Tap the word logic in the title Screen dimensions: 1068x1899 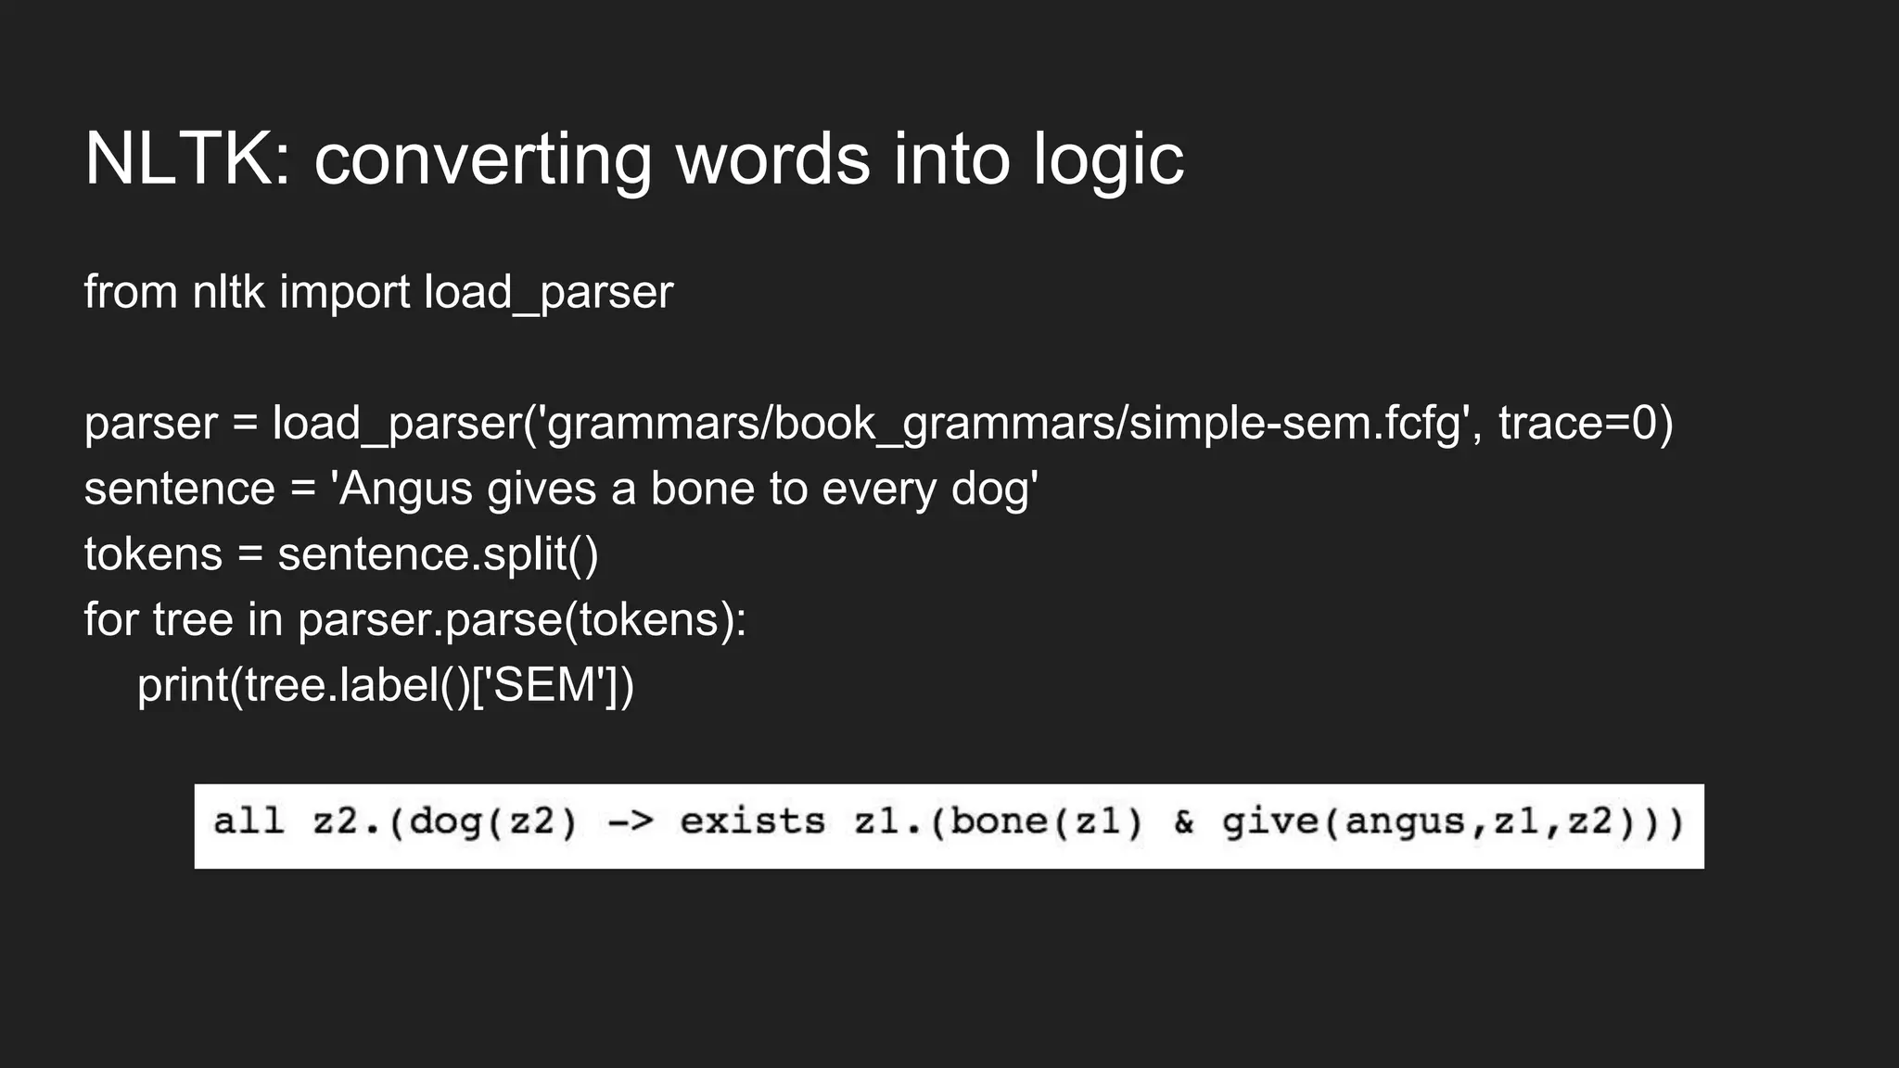pos(1108,159)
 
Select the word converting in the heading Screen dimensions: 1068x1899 pos(482,159)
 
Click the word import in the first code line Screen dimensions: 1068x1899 pos(344,292)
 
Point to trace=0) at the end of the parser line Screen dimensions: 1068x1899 pos(1586,423)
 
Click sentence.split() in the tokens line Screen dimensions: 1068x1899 pos(438,554)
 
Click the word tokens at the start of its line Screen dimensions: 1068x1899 pos(153,554)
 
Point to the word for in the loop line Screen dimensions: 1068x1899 pos(110,619)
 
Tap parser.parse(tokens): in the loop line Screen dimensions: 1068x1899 pos(521,619)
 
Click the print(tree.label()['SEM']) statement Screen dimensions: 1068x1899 pos(386,685)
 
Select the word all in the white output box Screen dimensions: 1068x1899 pos(248,822)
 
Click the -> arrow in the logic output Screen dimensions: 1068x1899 pos(631,822)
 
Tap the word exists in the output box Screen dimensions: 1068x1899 pos(752,822)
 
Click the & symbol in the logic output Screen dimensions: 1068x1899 pos(1184,822)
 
